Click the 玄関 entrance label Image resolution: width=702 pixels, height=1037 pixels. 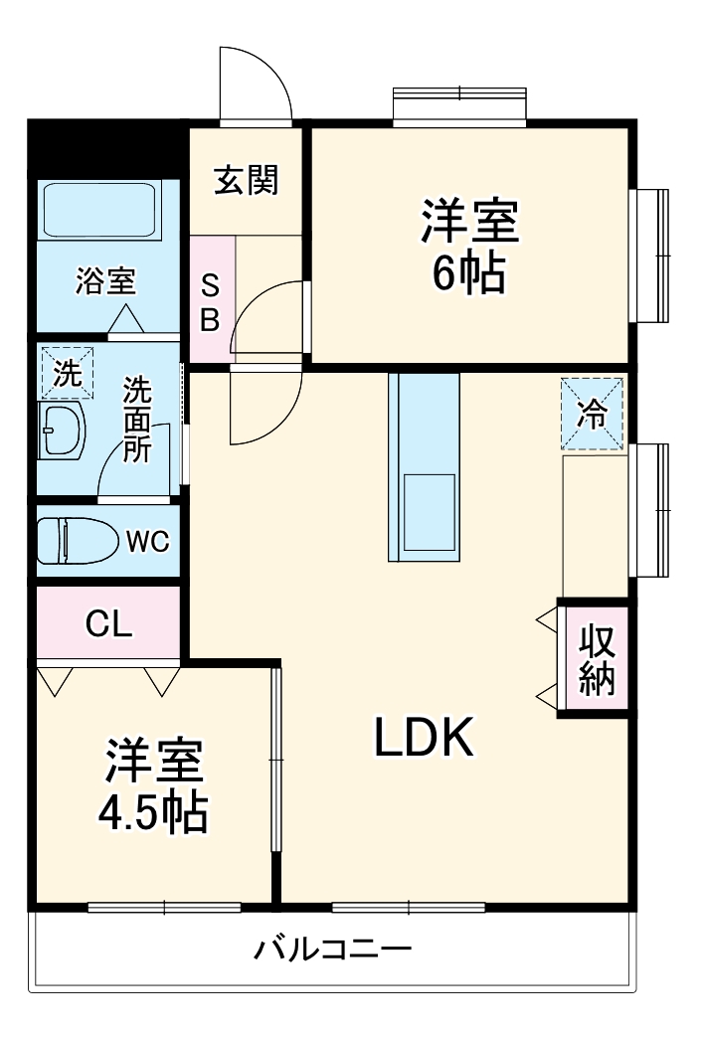point(247,181)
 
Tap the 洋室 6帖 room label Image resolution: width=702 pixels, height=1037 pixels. point(468,246)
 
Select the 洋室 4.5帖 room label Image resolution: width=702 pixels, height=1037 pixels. point(153,786)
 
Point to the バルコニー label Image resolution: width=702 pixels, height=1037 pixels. point(332,949)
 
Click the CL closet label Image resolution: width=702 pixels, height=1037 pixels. point(108,623)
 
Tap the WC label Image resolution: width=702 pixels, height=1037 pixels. point(147,542)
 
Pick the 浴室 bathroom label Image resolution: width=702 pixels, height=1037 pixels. point(105,281)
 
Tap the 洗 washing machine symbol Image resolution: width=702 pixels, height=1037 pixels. point(67,374)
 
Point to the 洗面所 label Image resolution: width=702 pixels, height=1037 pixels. point(137,418)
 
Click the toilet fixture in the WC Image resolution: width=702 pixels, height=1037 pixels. point(75,542)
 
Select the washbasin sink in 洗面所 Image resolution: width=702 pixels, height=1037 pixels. point(62,431)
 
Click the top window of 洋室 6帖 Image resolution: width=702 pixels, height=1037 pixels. point(458,106)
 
